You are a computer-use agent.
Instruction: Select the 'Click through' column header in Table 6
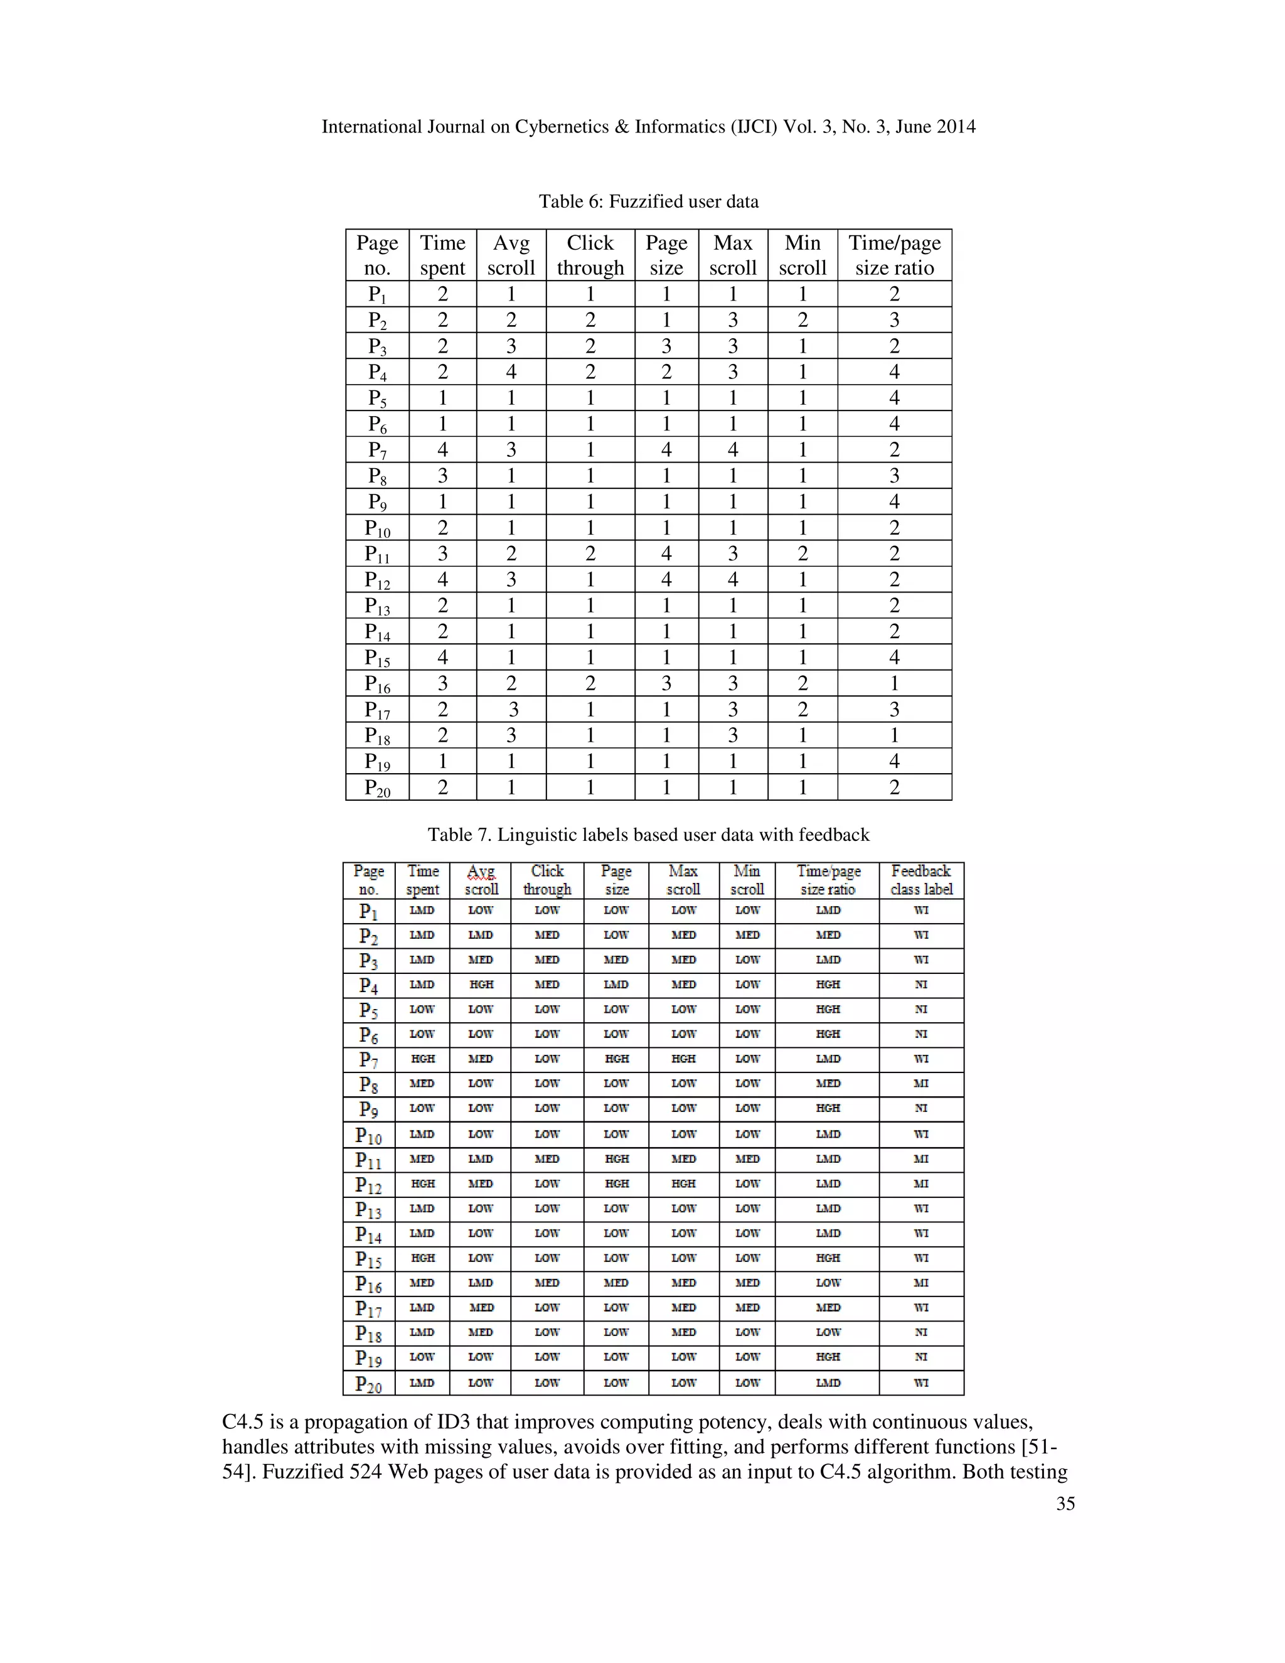tap(590, 255)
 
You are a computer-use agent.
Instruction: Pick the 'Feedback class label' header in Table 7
tap(920, 880)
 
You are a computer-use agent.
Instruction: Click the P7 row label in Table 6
tap(377, 450)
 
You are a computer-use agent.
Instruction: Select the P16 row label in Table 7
tap(368, 1284)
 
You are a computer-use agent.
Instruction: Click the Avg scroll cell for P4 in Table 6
tap(511, 372)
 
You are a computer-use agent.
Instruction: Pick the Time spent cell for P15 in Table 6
tap(442, 657)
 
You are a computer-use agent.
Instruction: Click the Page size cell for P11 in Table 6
tap(666, 553)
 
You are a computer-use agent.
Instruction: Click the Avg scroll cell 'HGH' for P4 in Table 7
tap(481, 985)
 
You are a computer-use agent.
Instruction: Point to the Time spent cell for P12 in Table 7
tap(422, 1184)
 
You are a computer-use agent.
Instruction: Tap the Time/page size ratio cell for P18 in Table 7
tap(828, 1332)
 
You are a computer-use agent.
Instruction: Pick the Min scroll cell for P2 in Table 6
tap(802, 320)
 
